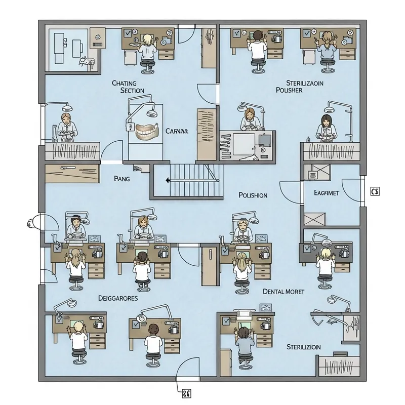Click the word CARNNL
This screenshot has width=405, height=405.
(x=177, y=131)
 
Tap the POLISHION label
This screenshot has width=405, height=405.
(x=253, y=195)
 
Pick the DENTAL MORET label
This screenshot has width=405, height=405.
(x=284, y=292)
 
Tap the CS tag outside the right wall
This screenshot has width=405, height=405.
(x=375, y=191)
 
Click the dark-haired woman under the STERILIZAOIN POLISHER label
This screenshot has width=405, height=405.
(x=324, y=127)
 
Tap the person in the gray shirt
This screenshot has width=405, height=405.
(x=245, y=344)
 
